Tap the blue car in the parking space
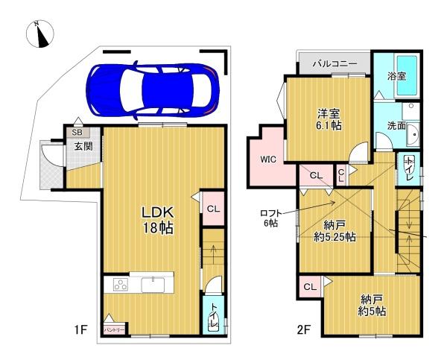click(x=152, y=89)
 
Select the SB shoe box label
click(x=77, y=133)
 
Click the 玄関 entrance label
click(x=83, y=147)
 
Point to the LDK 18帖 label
click(x=158, y=219)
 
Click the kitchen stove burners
click(x=121, y=285)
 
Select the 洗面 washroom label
click(x=396, y=127)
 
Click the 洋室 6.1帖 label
click(x=329, y=119)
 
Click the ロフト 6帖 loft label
click(x=269, y=216)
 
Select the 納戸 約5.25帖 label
click(x=334, y=231)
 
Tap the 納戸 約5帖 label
click(x=370, y=306)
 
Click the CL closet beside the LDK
click(x=212, y=209)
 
